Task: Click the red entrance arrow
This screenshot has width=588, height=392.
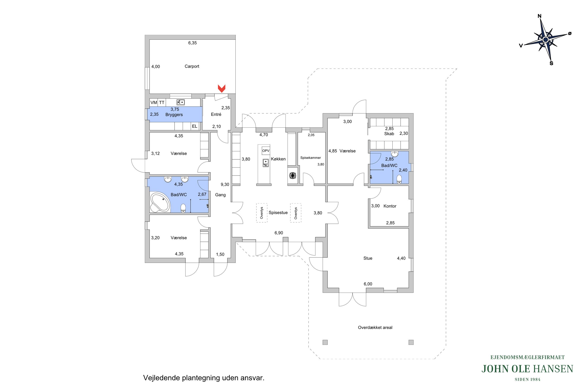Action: click(221, 88)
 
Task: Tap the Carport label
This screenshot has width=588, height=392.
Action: click(192, 66)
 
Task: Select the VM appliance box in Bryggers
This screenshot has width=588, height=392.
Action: click(154, 102)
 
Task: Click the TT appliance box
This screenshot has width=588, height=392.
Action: click(162, 102)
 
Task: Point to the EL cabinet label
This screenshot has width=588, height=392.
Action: click(194, 126)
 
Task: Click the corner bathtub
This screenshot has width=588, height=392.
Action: click(160, 202)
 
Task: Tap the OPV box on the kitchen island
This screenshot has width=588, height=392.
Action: click(266, 151)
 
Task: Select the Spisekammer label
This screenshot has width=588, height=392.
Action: click(310, 158)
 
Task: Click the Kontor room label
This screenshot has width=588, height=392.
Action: click(390, 206)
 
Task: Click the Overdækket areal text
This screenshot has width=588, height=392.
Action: click(375, 328)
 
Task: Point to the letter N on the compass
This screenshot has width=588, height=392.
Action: click(540, 16)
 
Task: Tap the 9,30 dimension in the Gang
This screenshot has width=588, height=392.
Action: click(225, 185)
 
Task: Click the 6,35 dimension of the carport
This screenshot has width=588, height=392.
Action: click(192, 43)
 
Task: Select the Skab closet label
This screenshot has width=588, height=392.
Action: click(389, 134)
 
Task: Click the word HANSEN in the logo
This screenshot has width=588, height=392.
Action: click(553, 369)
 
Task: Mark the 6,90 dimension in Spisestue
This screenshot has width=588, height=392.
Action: click(279, 233)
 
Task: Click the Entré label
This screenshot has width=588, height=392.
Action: click(216, 114)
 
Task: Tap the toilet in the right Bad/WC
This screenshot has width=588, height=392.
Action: click(399, 179)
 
